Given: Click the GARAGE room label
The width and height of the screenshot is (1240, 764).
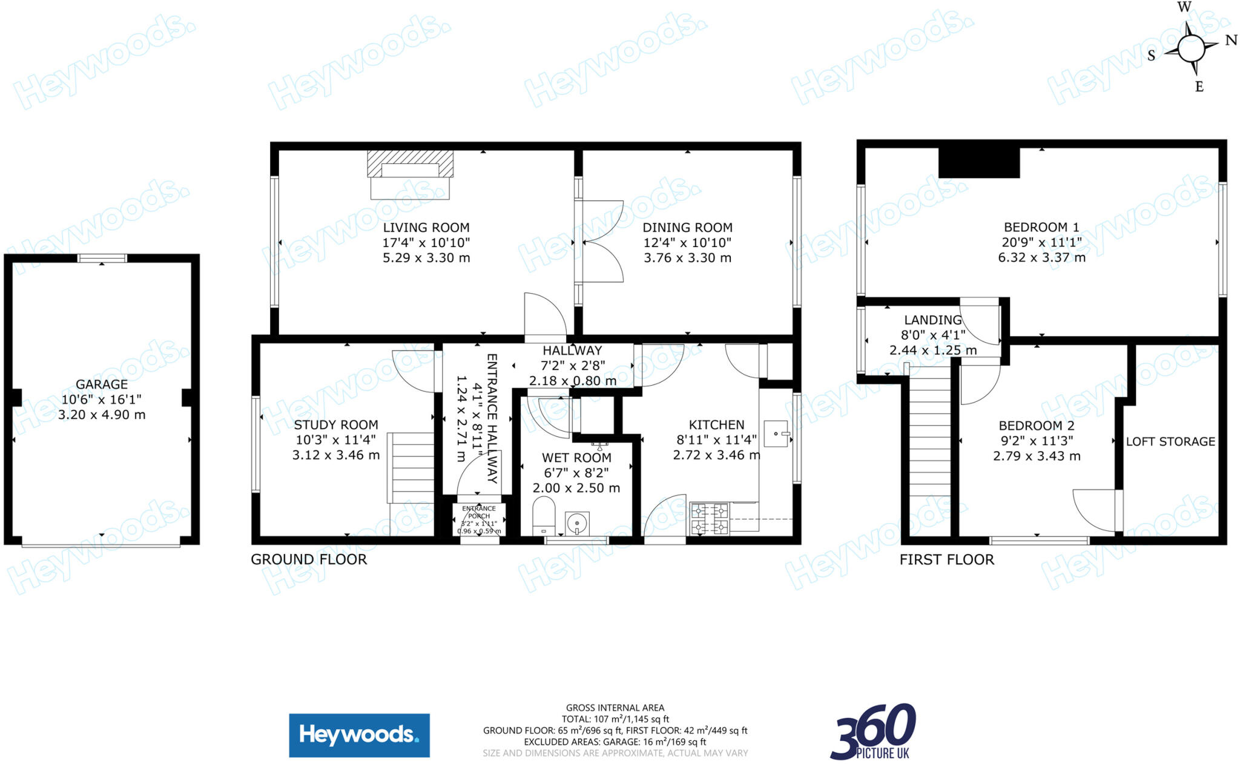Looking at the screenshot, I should pos(102,384).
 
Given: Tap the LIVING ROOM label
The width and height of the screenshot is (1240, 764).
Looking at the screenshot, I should pos(426,228).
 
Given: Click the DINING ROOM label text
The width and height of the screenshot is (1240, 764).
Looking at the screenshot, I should pos(687,228).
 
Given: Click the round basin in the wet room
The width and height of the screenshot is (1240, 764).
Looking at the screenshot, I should pos(577,522).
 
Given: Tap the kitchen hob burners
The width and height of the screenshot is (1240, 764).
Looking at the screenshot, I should pos(709,519).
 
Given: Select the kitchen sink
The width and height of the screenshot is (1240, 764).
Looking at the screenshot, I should pos(776,433).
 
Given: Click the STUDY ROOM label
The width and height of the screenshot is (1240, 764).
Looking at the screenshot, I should pos(336,425).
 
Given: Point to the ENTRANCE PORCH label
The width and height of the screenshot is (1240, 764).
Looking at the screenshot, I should pos(479,512).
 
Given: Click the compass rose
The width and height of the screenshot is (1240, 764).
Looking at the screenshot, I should pos(1191,48).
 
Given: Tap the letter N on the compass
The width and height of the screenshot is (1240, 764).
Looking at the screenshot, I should pos(1231,41).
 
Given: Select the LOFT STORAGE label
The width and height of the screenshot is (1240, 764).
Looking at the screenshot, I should pos(1170,441).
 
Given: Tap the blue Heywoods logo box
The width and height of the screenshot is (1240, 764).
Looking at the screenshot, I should pos(359,735).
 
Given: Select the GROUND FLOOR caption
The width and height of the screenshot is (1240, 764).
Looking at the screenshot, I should pos(309,559).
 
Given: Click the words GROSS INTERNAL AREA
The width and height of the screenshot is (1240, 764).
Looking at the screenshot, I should pos(615,708).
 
